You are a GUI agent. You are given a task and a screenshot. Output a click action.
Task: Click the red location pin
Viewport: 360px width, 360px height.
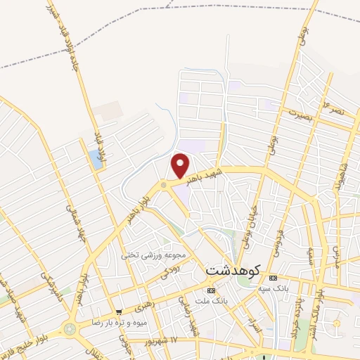point(181,165)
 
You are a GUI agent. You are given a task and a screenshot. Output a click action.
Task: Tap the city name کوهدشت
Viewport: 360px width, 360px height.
point(233,269)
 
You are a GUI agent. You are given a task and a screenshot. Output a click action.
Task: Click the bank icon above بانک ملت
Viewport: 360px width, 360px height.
point(211,290)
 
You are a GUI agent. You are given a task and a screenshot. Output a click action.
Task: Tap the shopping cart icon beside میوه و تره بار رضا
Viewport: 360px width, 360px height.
point(121,311)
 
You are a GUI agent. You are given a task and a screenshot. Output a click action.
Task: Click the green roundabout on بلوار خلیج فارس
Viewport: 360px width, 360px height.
point(70,328)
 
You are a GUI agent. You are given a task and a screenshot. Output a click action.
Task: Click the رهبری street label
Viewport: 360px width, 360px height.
point(145,307)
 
